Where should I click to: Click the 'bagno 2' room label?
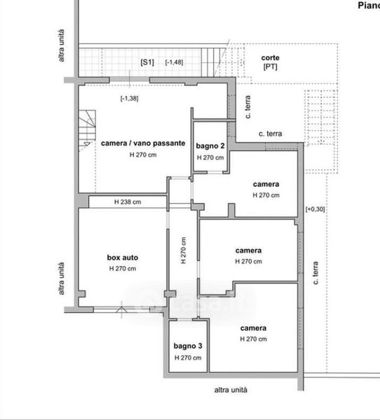coord(210,146)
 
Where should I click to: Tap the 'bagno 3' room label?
coord(188,346)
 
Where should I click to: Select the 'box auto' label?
coord(123,258)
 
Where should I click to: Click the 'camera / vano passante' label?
coord(143,143)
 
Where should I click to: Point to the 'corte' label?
coord(270,57)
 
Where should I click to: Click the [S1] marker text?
coord(147,62)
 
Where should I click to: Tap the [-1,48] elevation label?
coord(174,62)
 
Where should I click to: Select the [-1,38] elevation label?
coord(129,98)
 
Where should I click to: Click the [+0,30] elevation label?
coord(315,209)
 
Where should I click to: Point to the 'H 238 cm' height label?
coord(128,202)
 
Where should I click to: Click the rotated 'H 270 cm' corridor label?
coord(184,251)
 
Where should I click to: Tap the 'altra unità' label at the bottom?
coord(231,390)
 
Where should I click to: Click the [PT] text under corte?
coord(270,66)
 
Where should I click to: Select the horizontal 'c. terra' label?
coord(270,134)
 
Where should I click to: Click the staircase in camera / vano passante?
coord(87,129)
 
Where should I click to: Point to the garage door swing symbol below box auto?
coord(121,310)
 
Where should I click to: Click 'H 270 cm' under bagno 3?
coord(188,358)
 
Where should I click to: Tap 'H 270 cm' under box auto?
coord(123,269)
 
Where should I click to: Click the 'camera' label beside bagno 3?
coord(253,328)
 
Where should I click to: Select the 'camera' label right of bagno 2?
coord(266,184)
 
